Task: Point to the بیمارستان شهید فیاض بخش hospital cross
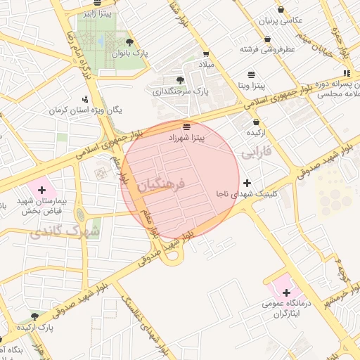tap(42, 190)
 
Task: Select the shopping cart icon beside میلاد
tap(206, 53)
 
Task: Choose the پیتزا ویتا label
tap(252, 86)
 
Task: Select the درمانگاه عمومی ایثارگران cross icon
tap(286, 292)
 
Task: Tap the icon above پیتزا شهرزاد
tap(186, 127)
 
